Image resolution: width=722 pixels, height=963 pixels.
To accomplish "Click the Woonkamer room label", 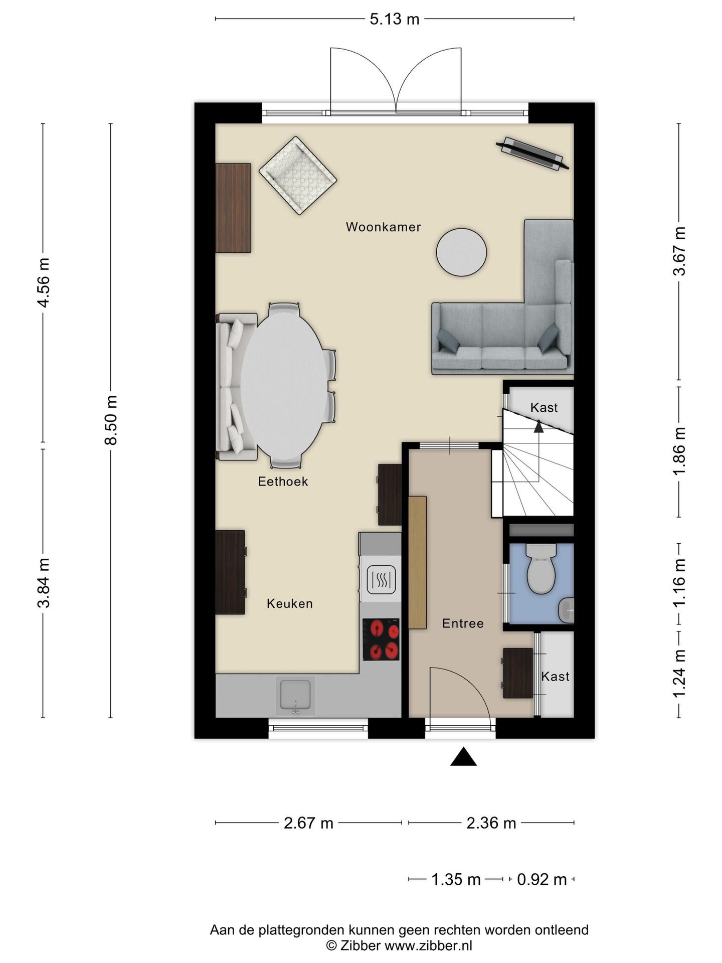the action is [383, 227].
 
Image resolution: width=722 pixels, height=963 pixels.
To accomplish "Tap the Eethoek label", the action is [283, 481].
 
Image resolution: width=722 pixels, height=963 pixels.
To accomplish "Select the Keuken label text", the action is [290, 603].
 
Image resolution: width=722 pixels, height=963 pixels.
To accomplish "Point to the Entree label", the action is [463, 623].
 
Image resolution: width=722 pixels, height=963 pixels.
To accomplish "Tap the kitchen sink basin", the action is [296, 696].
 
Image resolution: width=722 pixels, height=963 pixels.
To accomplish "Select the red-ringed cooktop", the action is [381, 639].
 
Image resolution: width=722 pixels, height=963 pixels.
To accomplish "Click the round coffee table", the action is [461, 252].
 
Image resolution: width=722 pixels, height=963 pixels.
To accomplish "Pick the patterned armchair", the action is [298, 176].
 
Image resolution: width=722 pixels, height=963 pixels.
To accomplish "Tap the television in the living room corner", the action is [532, 153].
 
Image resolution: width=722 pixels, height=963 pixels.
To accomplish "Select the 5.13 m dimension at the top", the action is [395, 19].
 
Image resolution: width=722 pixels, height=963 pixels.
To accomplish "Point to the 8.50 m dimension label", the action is [111, 420].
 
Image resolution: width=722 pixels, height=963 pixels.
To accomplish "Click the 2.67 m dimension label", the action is [308, 823].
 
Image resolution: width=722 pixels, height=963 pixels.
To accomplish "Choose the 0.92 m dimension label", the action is [541, 879].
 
